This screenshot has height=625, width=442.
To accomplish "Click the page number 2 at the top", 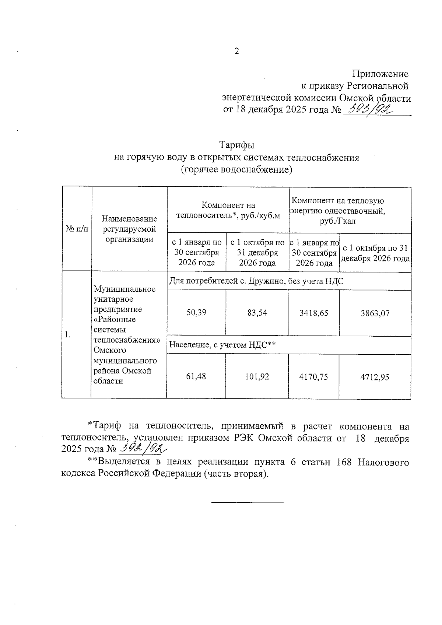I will click(237, 52).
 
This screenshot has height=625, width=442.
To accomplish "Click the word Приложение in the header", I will click(380, 74).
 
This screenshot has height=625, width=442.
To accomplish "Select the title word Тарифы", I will click(237, 145).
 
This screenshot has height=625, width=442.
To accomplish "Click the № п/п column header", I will click(77, 229).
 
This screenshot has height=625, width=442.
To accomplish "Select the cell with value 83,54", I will click(257, 313).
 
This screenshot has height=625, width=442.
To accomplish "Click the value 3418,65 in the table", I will click(314, 313).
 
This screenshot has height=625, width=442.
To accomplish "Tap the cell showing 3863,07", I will click(375, 313).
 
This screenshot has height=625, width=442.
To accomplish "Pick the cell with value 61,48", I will click(196, 376).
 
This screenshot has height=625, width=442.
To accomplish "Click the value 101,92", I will click(257, 377).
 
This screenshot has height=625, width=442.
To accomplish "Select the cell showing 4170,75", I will click(314, 377).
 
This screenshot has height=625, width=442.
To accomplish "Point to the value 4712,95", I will click(375, 377).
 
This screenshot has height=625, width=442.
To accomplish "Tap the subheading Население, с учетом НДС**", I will click(222, 345).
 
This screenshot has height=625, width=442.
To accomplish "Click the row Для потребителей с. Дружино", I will click(256, 281).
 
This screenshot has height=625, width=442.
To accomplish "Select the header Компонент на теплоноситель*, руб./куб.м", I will click(228, 210).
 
